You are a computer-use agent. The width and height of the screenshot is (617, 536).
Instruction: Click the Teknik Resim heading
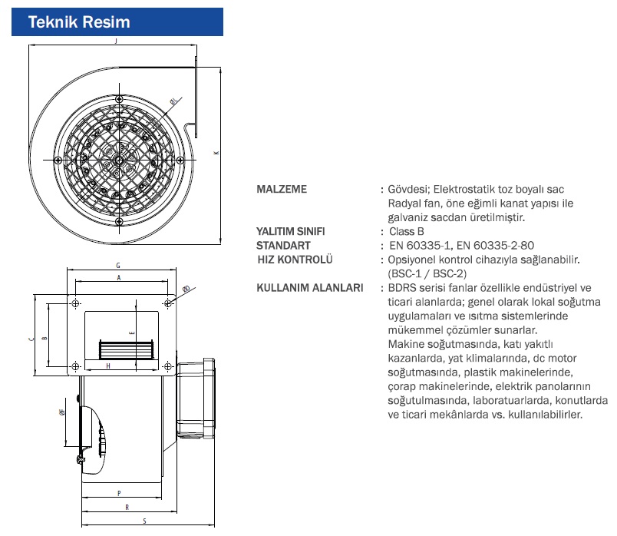coord(79,22)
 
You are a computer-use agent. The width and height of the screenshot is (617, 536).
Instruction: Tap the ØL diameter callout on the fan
coord(173,101)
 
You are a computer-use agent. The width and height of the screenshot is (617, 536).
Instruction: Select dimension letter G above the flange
coord(118,266)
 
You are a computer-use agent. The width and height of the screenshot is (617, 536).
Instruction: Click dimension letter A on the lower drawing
coord(118,278)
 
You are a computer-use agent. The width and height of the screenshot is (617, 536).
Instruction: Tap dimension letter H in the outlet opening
coord(108,366)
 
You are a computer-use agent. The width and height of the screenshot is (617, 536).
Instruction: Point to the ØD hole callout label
coord(186,289)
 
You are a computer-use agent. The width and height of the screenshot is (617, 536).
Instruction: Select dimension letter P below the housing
coord(120,491)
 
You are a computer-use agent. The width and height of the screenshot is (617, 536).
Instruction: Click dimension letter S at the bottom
coord(144,521)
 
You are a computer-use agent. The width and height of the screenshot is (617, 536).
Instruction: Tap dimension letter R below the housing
coord(126,507)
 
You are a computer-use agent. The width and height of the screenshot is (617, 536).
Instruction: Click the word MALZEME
coord(282,189)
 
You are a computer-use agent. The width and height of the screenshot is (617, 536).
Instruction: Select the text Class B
coord(406,231)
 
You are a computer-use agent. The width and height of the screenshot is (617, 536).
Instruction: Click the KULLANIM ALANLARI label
coord(309,288)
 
